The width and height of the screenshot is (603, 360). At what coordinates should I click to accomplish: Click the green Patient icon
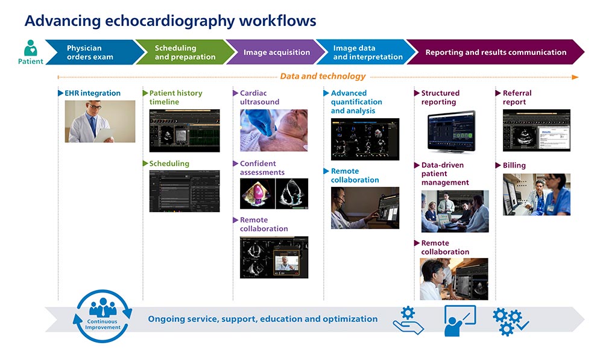[30, 48]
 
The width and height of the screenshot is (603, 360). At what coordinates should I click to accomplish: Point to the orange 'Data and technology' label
[323, 77]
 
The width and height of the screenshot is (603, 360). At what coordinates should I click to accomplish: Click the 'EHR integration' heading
[92, 93]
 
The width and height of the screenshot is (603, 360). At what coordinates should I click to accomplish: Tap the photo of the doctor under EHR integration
[100, 121]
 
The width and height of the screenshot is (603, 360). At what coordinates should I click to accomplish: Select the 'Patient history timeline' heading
[175, 98]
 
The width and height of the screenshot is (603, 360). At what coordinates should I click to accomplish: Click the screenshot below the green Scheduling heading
[185, 191]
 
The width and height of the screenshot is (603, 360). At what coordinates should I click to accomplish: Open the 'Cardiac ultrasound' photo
[274, 130]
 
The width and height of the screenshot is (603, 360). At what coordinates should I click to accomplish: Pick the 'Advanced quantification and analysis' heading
[356, 102]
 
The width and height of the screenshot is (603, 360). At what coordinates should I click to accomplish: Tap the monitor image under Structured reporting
[450, 131]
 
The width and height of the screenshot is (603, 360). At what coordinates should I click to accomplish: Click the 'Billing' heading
[514, 165]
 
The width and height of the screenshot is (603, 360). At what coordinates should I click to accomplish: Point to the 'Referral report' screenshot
[536, 130]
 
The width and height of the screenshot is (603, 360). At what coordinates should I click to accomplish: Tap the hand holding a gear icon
[408, 320]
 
